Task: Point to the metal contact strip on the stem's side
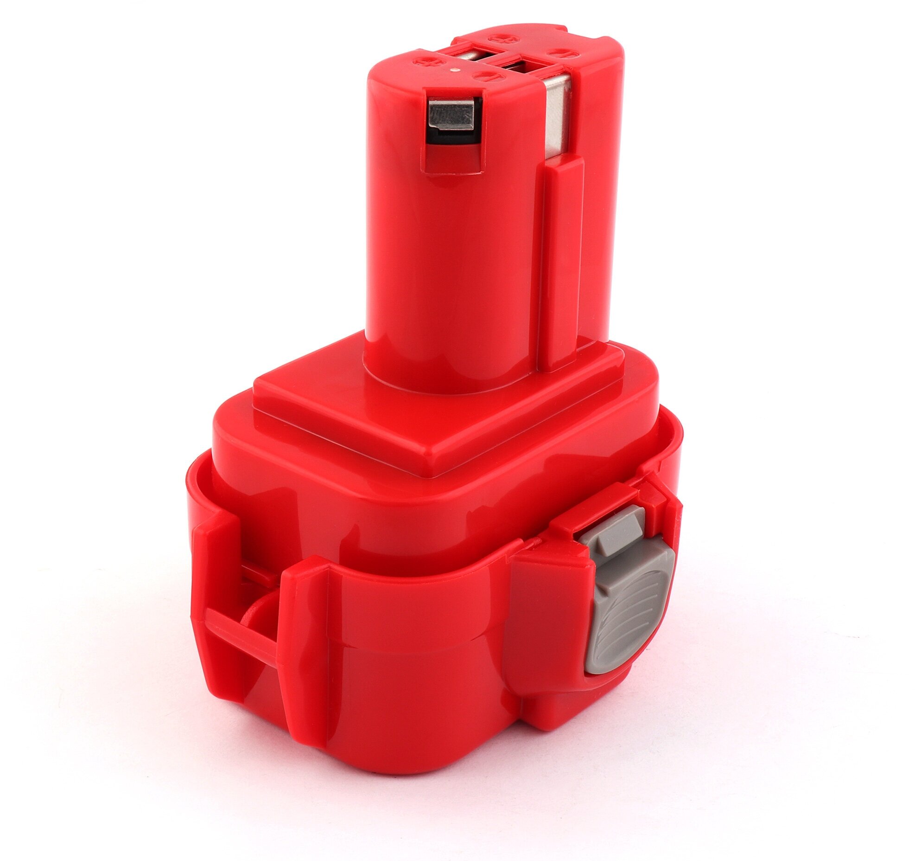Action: pyautogui.click(x=556, y=116)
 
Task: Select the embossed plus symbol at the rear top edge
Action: pyautogui.click(x=501, y=36)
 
